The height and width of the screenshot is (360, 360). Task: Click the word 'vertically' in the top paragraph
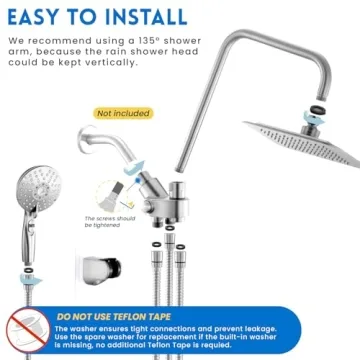coord(146,62)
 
